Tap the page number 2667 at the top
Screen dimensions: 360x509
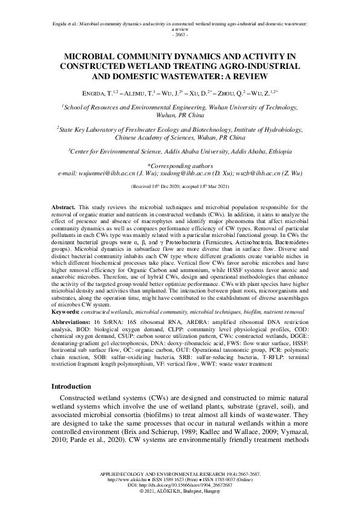pos(180,34)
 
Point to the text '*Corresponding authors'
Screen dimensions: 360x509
pos(180,164)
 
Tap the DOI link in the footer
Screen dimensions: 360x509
pos(180,485)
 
